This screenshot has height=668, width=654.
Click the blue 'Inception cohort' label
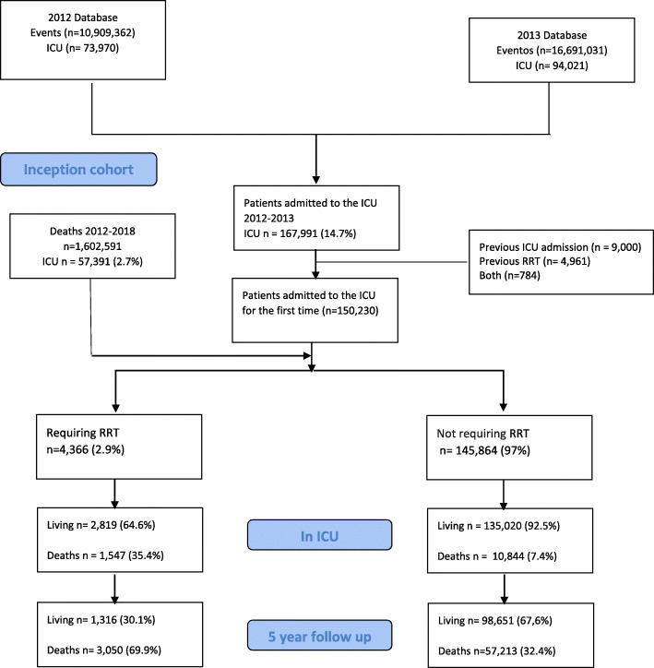click(78, 170)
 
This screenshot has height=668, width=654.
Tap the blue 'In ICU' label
click(319, 535)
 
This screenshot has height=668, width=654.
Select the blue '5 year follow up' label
click(319, 636)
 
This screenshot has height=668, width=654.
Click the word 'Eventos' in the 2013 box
click(515, 51)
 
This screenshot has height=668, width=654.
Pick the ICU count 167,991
click(299, 233)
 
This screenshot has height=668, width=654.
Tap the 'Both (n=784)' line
click(510, 276)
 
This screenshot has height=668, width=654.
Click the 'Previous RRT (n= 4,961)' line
click(535, 261)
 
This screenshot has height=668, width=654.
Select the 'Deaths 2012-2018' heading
click(92, 232)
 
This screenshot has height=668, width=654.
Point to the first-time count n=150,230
click(351, 311)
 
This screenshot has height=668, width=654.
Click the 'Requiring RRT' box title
click(83, 433)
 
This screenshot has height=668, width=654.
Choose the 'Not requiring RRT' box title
click(482, 434)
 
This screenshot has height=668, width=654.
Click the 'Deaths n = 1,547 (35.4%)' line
click(105, 555)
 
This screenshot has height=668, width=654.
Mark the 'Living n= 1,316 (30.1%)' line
click(101, 620)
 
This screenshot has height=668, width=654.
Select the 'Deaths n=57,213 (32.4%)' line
click(497, 651)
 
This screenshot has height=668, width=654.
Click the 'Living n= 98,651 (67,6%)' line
click(495, 621)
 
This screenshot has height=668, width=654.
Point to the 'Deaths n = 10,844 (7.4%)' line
click(497, 556)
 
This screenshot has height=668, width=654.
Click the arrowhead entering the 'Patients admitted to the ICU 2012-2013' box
click(315, 180)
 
